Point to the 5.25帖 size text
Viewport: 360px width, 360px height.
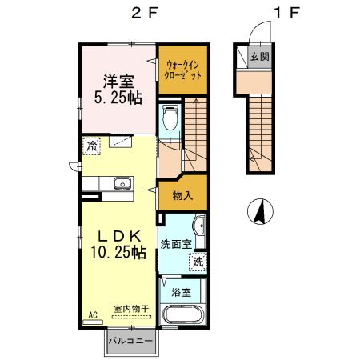tap(116, 98)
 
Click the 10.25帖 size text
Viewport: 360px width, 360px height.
tap(117, 253)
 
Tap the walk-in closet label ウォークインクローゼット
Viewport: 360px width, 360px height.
tap(181, 68)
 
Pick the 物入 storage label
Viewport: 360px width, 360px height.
tap(183, 195)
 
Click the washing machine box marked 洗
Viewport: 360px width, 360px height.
tap(196, 261)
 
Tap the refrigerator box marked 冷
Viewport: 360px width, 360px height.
tap(94, 147)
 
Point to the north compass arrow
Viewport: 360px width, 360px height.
tap(258, 212)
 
